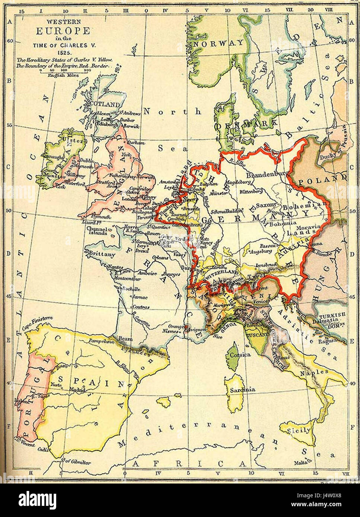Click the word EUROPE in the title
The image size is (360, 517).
(63, 31)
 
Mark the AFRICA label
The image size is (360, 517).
(190, 463)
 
